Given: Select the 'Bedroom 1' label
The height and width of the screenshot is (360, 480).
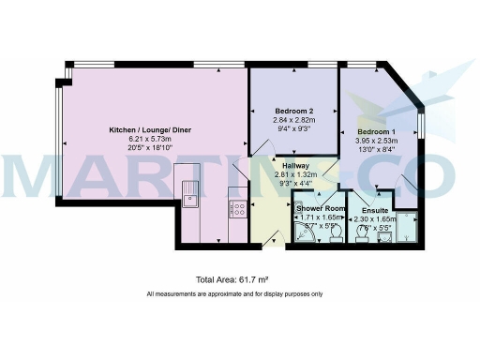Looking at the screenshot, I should pos(379,132).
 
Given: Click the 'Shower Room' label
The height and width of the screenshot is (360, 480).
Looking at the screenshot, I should pos(322,208).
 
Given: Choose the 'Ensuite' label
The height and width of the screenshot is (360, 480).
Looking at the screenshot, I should pos(375,210).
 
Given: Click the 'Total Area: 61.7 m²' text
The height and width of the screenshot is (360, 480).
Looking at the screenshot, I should pos(232,280).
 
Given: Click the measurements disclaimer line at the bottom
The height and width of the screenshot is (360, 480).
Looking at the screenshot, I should pos(234,294).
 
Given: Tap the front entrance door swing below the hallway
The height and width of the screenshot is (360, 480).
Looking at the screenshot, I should pos(270,235).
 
